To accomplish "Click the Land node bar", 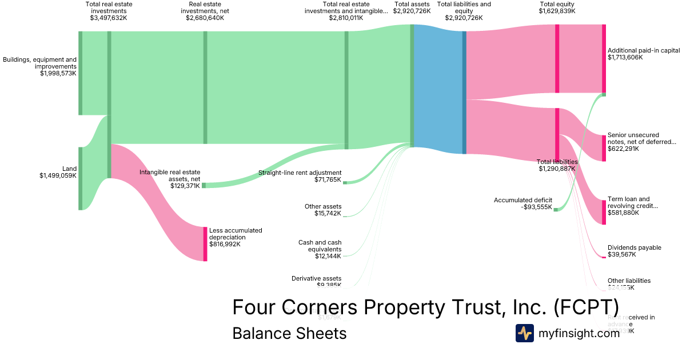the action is click(x=81, y=178).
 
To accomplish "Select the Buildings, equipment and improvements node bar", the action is click(x=81, y=73).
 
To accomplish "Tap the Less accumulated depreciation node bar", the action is click(x=205, y=244).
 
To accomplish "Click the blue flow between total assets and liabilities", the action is click(x=437, y=89).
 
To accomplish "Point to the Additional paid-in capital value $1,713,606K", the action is click(x=625, y=58).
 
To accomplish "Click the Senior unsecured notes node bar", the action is click(x=603, y=148).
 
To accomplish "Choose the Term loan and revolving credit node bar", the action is click(x=603, y=212).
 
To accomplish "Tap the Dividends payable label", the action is click(x=634, y=248).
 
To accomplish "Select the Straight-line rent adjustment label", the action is click(x=300, y=173).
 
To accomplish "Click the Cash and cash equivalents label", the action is click(x=320, y=246).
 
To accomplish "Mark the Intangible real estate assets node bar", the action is click(x=204, y=185).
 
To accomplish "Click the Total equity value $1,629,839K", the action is click(x=557, y=11).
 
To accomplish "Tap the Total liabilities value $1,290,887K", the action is click(x=557, y=169).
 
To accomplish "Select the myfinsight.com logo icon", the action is click(x=524, y=333).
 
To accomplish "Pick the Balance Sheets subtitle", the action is click(x=289, y=334).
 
